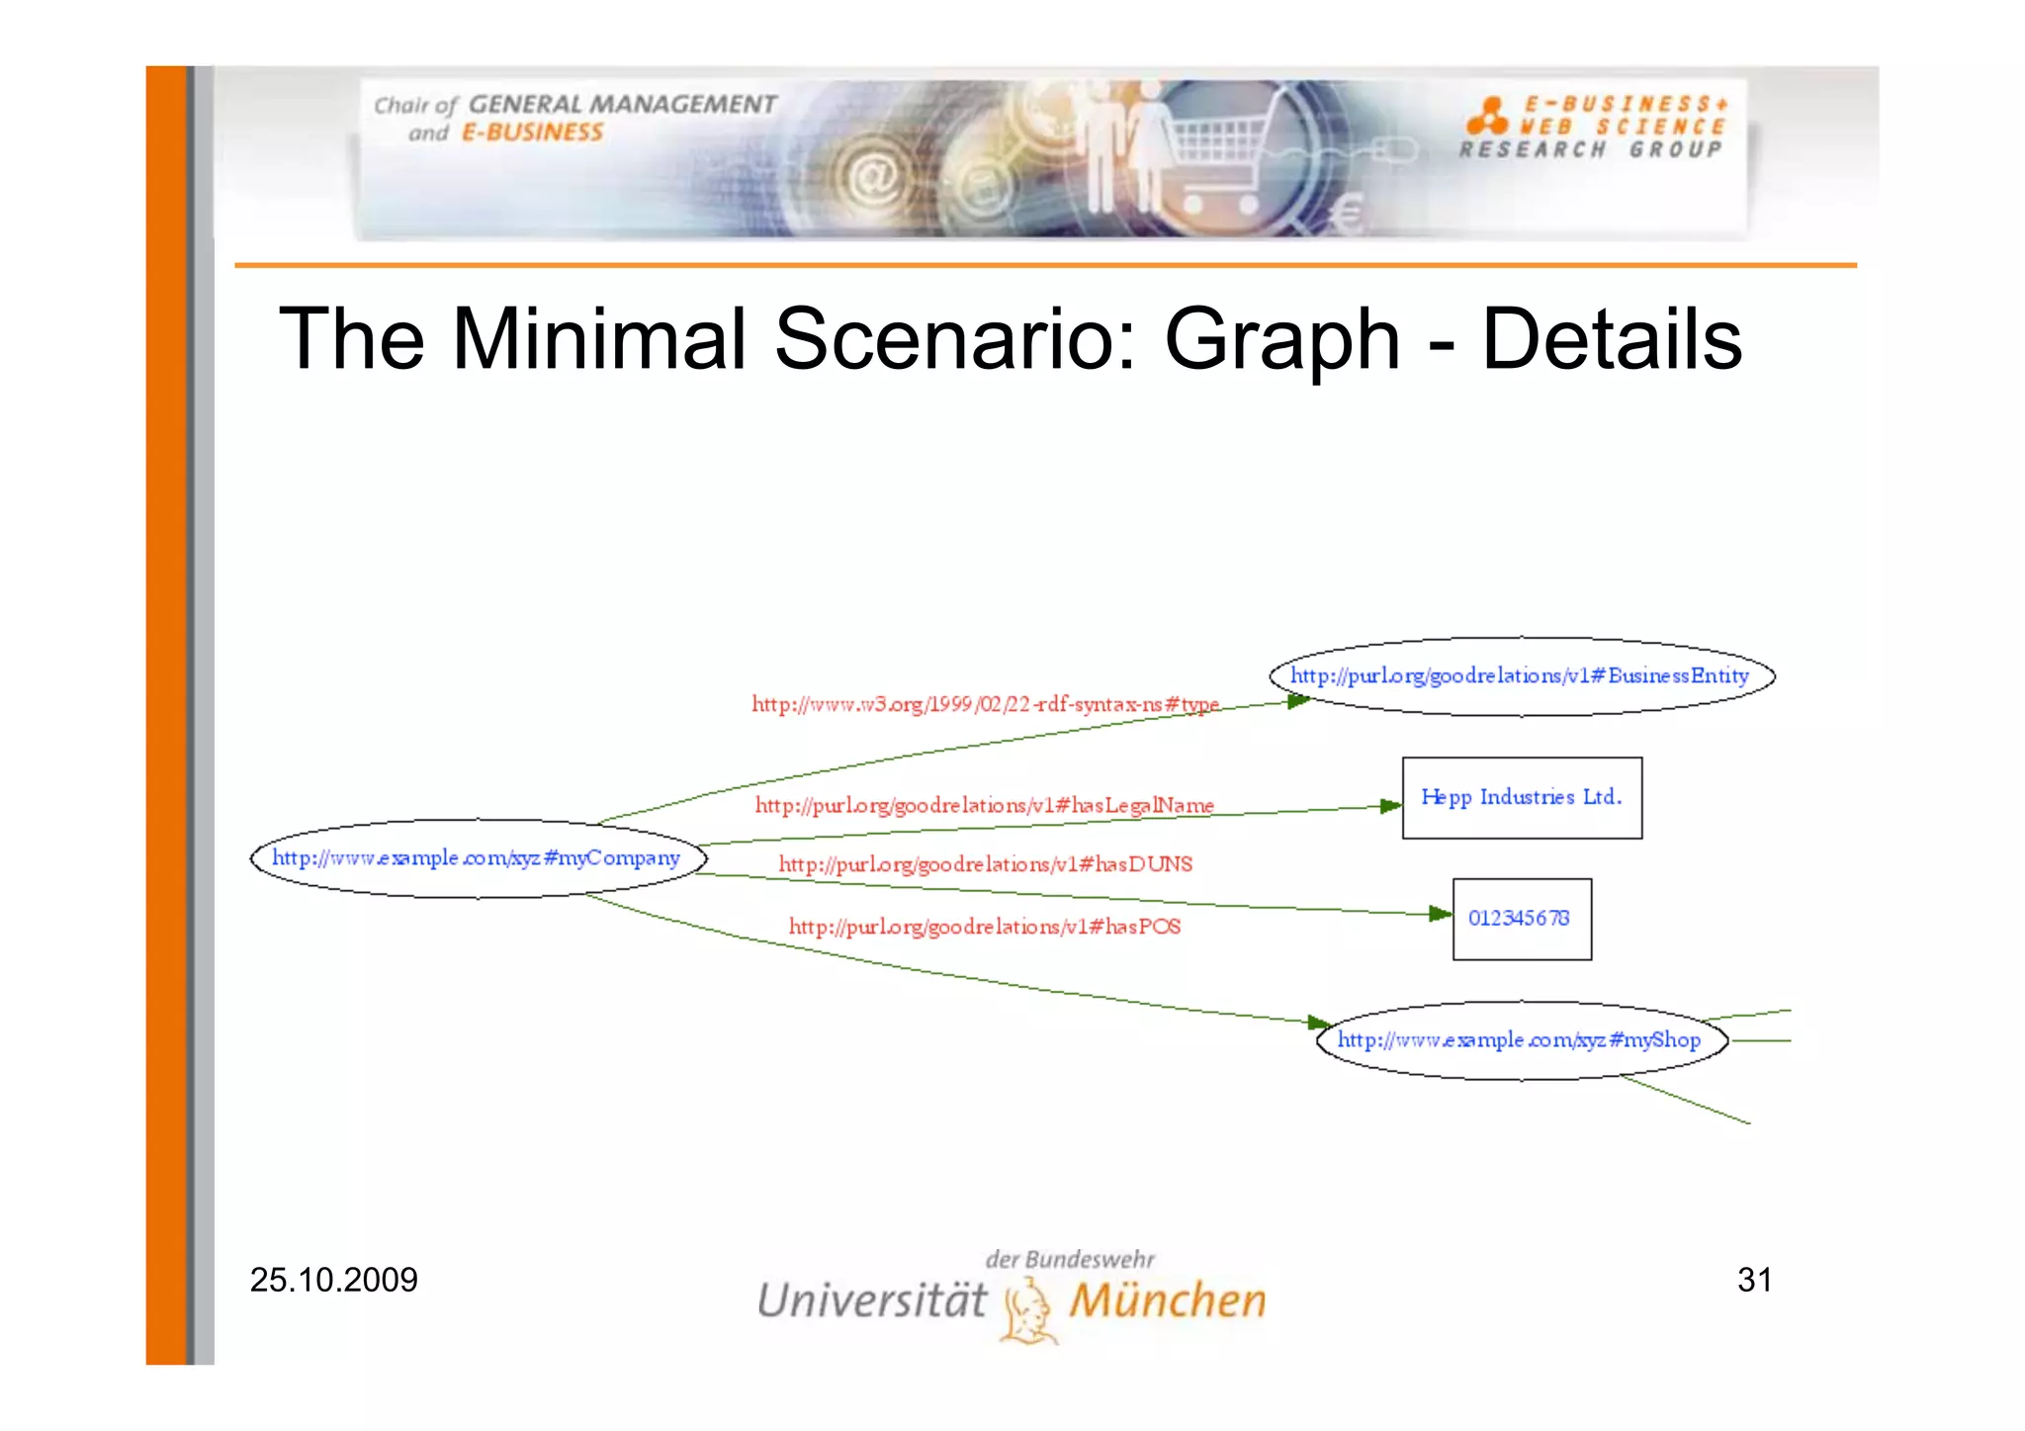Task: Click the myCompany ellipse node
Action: (x=479, y=858)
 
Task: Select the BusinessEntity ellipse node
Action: (x=1521, y=676)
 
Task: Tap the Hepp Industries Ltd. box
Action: (x=1522, y=798)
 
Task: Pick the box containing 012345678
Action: (x=1522, y=919)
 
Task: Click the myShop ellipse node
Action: (x=1521, y=1040)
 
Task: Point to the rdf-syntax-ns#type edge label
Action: (x=985, y=704)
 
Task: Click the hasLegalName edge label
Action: (x=984, y=805)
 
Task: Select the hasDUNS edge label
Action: (x=985, y=864)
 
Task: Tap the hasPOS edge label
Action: (x=984, y=927)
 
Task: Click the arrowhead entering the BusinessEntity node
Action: (x=1298, y=701)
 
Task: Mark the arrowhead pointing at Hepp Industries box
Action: (x=1390, y=806)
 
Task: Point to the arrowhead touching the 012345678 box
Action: (x=1441, y=914)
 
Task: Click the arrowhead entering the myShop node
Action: (x=1319, y=1022)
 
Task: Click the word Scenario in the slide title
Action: (x=954, y=339)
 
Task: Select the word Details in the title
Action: (x=1612, y=339)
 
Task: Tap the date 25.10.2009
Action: (x=333, y=1280)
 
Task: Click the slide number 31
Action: (x=1754, y=1280)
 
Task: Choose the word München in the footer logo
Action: (x=1167, y=1300)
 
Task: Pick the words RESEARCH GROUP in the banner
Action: (x=1590, y=150)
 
